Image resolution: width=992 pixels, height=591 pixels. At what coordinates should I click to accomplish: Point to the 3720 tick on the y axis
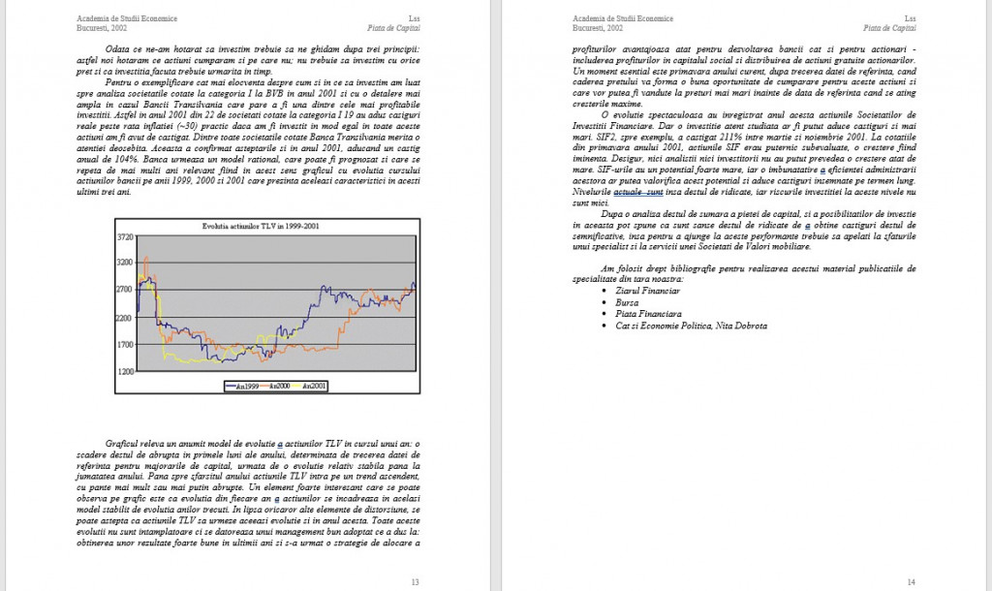click(125, 236)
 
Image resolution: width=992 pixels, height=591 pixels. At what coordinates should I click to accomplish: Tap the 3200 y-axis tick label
click(125, 263)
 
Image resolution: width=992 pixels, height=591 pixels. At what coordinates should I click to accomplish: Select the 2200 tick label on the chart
click(125, 318)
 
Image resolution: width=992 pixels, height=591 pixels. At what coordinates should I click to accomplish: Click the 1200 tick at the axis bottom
click(125, 372)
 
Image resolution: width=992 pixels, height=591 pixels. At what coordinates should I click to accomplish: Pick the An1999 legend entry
click(242, 386)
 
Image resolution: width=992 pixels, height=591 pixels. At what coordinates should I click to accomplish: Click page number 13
click(415, 581)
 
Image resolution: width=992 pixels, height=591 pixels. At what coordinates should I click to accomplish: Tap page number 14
click(911, 581)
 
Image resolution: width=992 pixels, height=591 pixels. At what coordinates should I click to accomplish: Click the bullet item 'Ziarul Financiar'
click(647, 291)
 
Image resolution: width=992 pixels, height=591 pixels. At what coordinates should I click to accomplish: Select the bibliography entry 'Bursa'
click(627, 302)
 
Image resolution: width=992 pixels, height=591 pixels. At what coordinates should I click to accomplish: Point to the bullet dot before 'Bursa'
click(605, 302)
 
